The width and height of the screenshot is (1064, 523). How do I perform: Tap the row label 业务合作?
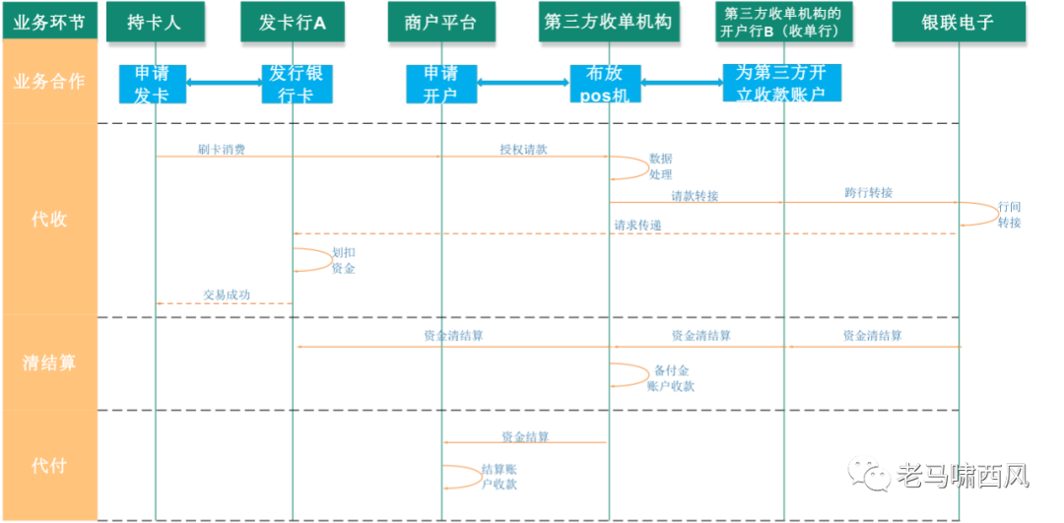click(49, 81)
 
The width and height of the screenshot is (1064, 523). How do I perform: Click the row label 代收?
click(49, 219)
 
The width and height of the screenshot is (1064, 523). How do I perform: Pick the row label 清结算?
click(49, 362)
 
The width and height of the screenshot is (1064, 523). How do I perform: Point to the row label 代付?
click(49, 465)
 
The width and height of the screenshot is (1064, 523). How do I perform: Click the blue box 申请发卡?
click(152, 84)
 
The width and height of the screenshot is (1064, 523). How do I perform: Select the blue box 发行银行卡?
click(297, 84)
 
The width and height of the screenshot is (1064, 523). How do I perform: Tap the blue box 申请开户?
click(440, 84)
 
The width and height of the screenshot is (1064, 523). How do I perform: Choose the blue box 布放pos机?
click(605, 84)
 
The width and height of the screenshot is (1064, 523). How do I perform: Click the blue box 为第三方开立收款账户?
click(782, 83)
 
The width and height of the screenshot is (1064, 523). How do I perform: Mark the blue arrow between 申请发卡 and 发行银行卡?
click(224, 82)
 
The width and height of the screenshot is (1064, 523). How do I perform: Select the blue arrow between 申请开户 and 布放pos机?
click(523, 82)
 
